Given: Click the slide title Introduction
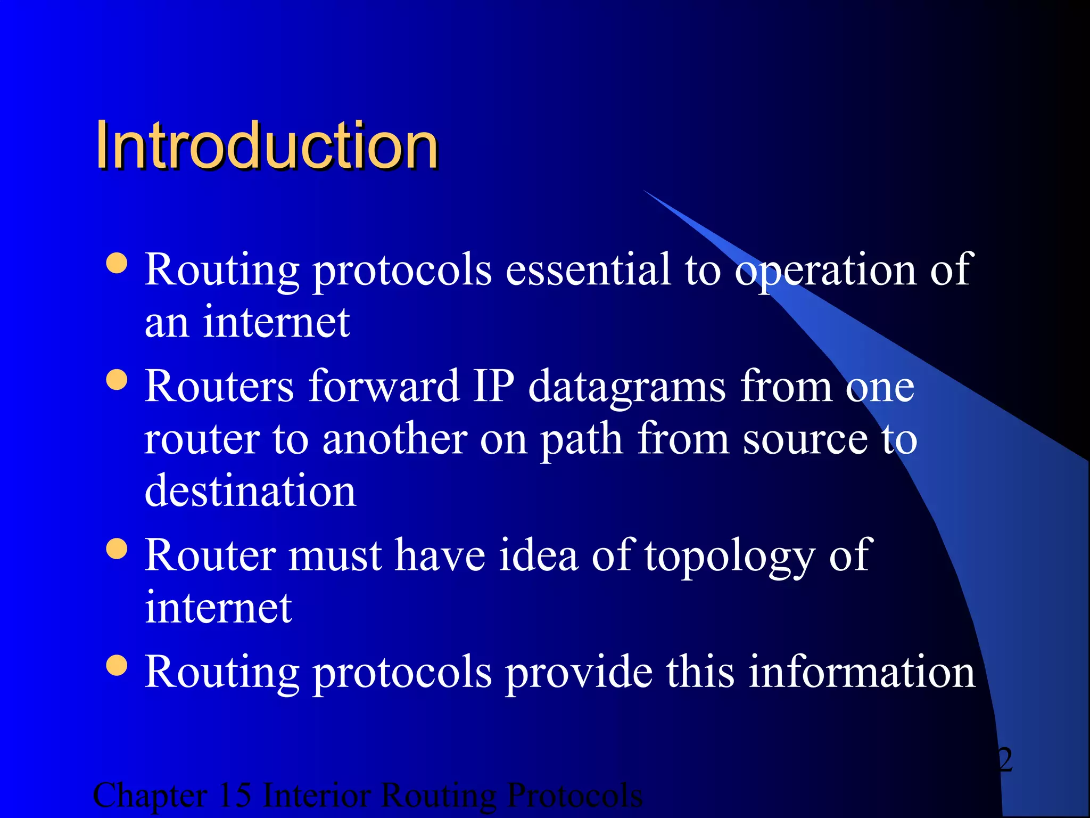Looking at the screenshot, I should [x=266, y=145].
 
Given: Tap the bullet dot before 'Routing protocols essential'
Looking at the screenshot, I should [x=117, y=263].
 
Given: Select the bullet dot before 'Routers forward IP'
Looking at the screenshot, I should [x=117, y=380].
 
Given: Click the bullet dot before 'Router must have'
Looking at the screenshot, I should [x=117, y=549].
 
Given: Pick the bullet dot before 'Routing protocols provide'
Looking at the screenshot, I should [x=117, y=665].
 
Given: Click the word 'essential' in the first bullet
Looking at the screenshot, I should [x=588, y=269].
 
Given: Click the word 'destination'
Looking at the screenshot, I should [x=250, y=490].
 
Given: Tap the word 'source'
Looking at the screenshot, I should [x=805, y=440].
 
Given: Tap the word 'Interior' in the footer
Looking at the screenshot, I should [x=317, y=796].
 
